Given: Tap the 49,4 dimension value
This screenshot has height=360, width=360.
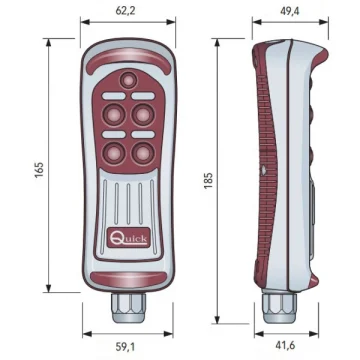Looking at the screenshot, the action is (x=290, y=11).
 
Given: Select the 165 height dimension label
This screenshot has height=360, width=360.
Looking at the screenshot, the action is (x=39, y=169).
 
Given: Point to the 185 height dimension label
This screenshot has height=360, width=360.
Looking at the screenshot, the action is (x=208, y=181).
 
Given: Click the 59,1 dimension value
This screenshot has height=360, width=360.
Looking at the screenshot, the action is (x=126, y=347).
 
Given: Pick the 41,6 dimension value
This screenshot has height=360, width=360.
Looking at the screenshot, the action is (x=285, y=345).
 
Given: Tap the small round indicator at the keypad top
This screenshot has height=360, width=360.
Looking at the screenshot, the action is (x=128, y=80).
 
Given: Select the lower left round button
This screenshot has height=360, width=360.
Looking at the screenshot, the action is (x=114, y=153).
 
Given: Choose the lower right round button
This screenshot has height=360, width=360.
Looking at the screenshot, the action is (x=143, y=153).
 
